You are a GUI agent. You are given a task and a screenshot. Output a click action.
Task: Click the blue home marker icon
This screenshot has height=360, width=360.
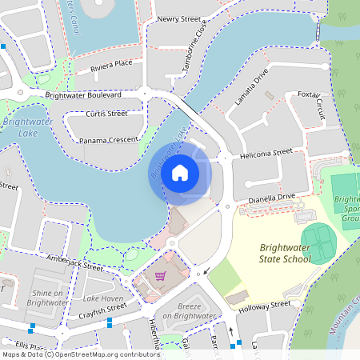pyautogui.click(x=180, y=172)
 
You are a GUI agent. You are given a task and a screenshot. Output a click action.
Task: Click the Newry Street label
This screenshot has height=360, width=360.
pyautogui.click(x=178, y=18)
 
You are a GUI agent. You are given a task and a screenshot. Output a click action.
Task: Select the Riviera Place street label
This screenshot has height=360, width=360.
pyautogui.click(x=110, y=64)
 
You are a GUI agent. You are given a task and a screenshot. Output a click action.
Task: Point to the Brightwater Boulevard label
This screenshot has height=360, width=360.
pyautogui.click(x=83, y=94)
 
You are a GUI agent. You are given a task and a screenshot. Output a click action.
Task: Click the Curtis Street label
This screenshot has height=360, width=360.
pyautogui.click(x=106, y=114)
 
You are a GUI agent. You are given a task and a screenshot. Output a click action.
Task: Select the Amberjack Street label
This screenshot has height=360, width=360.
pyautogui.click(x=74, y=261)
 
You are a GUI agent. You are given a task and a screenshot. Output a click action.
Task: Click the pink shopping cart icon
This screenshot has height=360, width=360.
pyautogui.click(x=159, y=276)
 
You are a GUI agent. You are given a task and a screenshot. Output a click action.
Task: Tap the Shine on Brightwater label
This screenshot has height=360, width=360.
pyautogui.click(x=47, y=298)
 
